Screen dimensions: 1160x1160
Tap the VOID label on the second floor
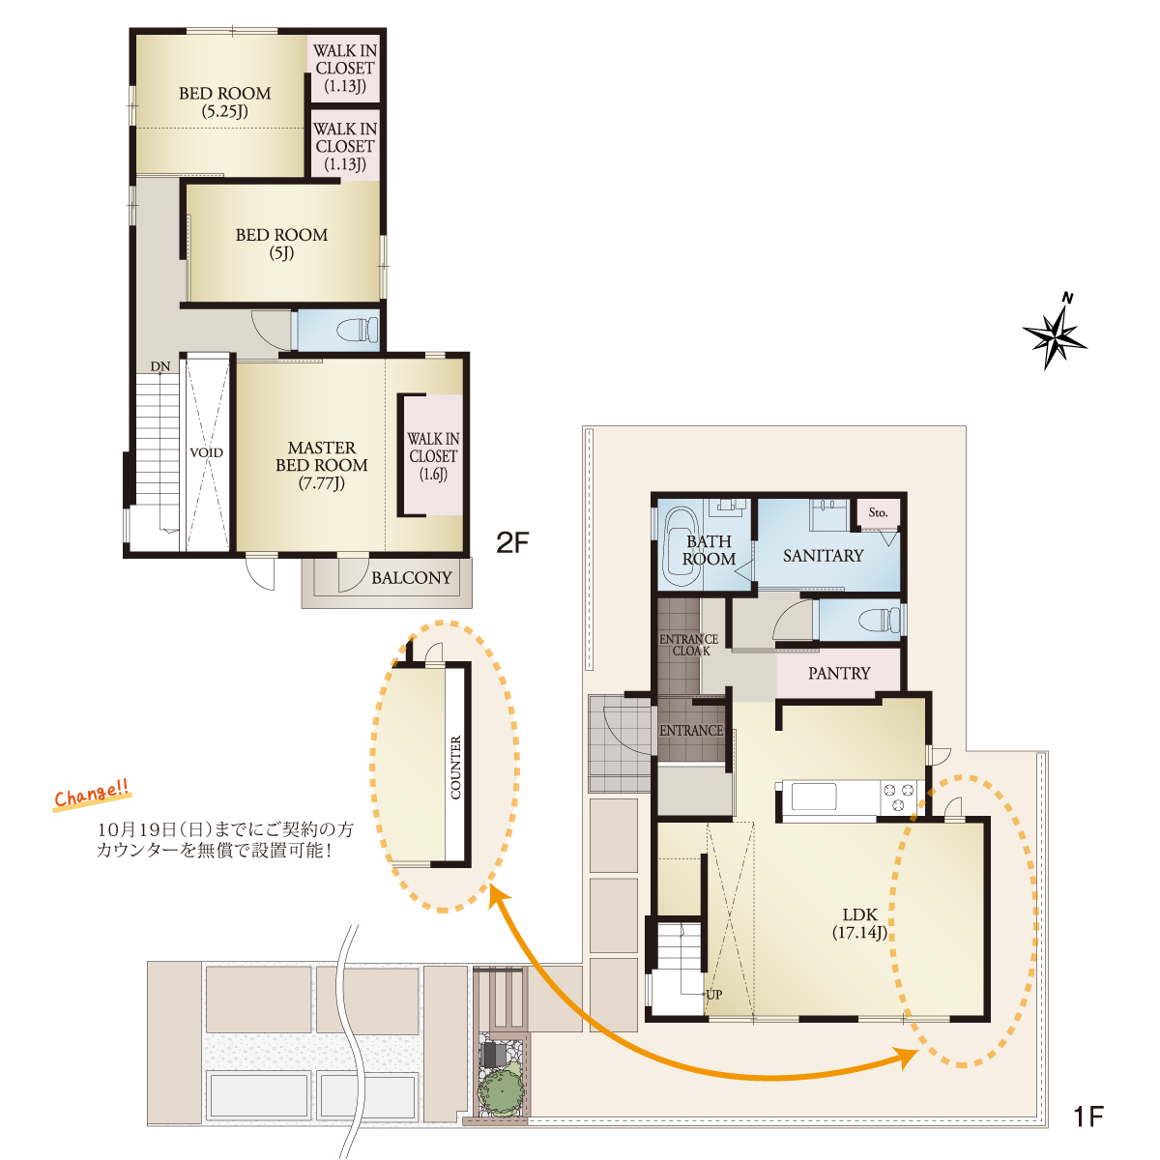207,452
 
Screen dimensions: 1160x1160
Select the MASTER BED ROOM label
322,465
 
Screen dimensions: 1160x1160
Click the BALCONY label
411,578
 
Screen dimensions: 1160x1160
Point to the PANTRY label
839,673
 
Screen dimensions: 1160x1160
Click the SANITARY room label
823,555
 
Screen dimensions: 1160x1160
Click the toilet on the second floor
357,330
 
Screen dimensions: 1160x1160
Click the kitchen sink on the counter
814,797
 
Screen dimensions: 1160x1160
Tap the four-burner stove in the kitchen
897,797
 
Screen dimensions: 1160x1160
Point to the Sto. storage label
878,512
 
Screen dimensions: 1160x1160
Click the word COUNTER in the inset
455,768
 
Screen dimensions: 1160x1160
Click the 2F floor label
512,543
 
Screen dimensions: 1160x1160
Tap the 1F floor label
1088,1116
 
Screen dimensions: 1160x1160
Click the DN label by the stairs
160,366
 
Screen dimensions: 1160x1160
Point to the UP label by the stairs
714,995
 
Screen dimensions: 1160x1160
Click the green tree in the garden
501,1090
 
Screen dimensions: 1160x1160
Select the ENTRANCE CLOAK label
688,645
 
